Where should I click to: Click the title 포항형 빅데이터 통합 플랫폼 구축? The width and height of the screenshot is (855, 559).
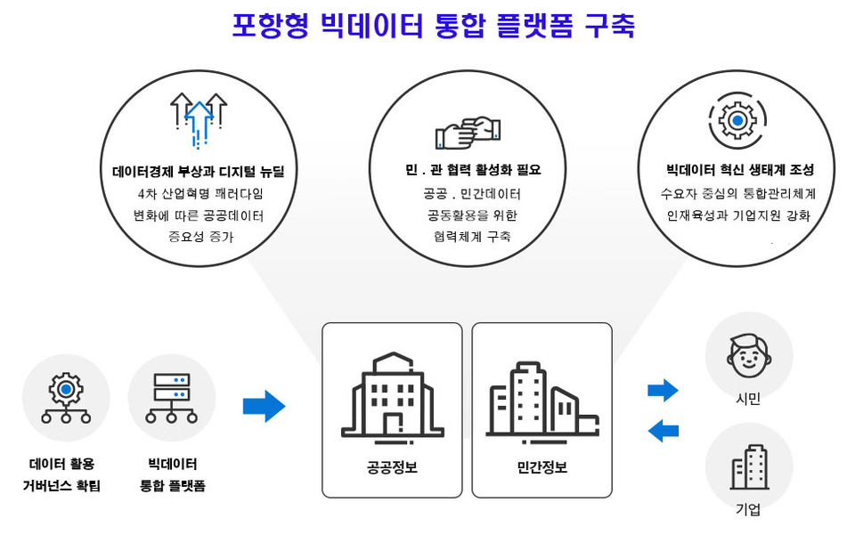(x=433, y=25)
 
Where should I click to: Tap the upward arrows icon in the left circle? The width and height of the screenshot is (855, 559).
(x=198, y=118)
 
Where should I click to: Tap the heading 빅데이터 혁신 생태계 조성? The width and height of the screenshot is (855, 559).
(x=739, y=170)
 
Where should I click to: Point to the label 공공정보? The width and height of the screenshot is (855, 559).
(x=392, y=467)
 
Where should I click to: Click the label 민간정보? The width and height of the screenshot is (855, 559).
(x=541, y=467)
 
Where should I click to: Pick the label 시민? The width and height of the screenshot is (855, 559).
(x=748, y=400)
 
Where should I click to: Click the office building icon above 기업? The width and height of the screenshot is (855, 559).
(x=749, y=466)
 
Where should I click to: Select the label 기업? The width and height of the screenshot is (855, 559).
(x=748, y=510)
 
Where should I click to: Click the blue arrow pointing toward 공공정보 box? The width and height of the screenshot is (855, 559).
(x=264, y=406)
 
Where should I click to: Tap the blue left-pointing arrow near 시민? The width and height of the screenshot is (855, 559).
(x=663, y=431)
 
